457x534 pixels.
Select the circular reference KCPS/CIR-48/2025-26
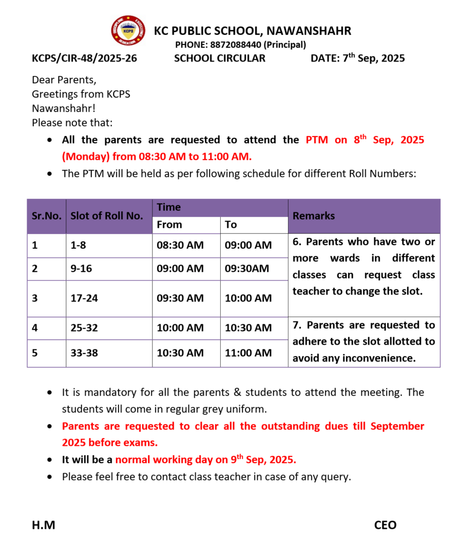[85, 58]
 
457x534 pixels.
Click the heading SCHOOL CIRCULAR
[220, 58]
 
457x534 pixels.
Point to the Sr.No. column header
[46, 216]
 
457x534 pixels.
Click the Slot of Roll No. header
[106, 216]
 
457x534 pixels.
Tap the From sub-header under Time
[170, 225]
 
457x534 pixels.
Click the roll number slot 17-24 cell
[83, 298]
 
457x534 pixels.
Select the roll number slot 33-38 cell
[84, 353]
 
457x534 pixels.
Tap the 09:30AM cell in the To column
[247, 269]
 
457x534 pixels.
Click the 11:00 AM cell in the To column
[248, 353]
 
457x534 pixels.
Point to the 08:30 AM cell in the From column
[180, 245]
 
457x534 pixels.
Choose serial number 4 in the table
[34, 328]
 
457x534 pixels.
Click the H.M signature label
[43, 525]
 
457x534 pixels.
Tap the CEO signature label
[385, 525]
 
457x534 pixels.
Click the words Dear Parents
[64, 80]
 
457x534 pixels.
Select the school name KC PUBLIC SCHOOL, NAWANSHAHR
[252, 31]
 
